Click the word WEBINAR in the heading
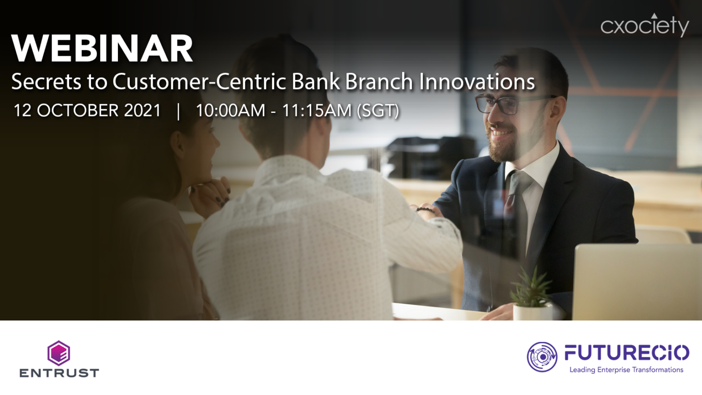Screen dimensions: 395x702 [x=102, y=48]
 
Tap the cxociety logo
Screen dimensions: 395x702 [x=644, y=26]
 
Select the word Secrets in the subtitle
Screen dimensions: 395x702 [x=46, y=82]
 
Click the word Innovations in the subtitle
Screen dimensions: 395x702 [x=477, y=82]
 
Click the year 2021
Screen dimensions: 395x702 [x=143, y=111]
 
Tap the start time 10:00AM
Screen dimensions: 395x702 [x=230, y=111]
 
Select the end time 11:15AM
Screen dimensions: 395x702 [x=316, y=111]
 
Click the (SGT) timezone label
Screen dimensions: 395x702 [x=378, y=111]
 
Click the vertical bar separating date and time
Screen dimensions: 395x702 [x=178, y=111]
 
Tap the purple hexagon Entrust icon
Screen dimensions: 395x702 [x=59, y=353]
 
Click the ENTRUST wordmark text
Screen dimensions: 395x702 [x=59, y=373]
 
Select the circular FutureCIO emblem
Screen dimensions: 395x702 [x=542, y=357]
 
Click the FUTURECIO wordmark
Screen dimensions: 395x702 [x=627, y=353]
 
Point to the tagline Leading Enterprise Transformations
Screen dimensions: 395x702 [x=626, y=370]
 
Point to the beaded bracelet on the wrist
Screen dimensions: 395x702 [x=425, y=210]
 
